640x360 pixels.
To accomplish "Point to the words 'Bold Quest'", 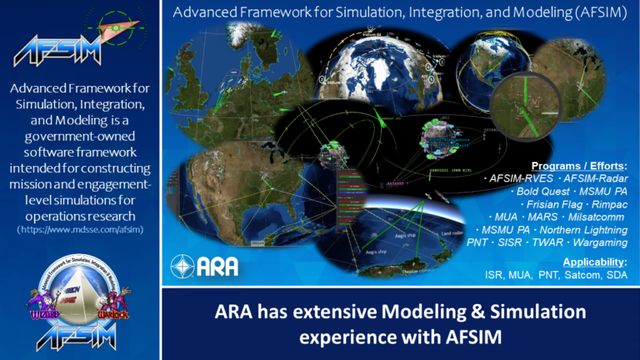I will pos(534,191).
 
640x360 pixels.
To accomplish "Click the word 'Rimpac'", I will pos(609,203).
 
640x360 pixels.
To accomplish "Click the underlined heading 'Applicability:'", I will pos(594,262).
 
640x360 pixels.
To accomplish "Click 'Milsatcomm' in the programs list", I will pos(598,216).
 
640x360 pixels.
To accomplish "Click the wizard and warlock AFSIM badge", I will pos(79,308).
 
